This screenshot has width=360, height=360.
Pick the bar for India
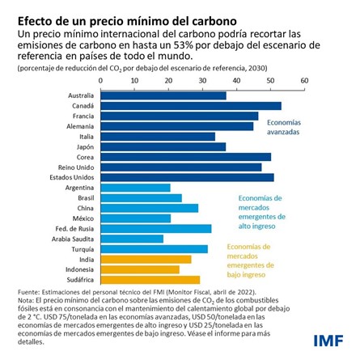coord(146,259)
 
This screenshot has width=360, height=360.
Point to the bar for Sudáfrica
coord(150,279)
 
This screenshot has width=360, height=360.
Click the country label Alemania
coord(79,126)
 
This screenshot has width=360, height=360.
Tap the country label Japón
coord(84,146)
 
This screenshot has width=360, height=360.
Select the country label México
coord(83,218)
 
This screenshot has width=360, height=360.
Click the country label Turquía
coord(81,248)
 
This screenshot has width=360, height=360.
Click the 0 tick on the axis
coord(101,81)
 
